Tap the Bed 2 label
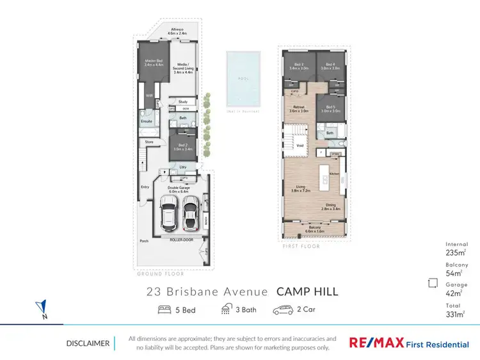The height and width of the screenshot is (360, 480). click(x=182, y=147)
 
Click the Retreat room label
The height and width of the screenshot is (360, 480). click(x=298, y=109)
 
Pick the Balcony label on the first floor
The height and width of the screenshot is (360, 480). click(x=314, y=228)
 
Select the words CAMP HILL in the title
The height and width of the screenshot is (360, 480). click(x=307, y=292)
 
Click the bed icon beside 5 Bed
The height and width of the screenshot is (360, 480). click(x=164, y=310)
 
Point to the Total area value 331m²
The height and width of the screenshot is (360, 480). click(x=455, y=313)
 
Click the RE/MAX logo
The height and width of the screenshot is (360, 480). click(x=376, y=343)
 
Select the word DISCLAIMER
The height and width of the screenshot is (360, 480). click(x=87, y=343)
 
